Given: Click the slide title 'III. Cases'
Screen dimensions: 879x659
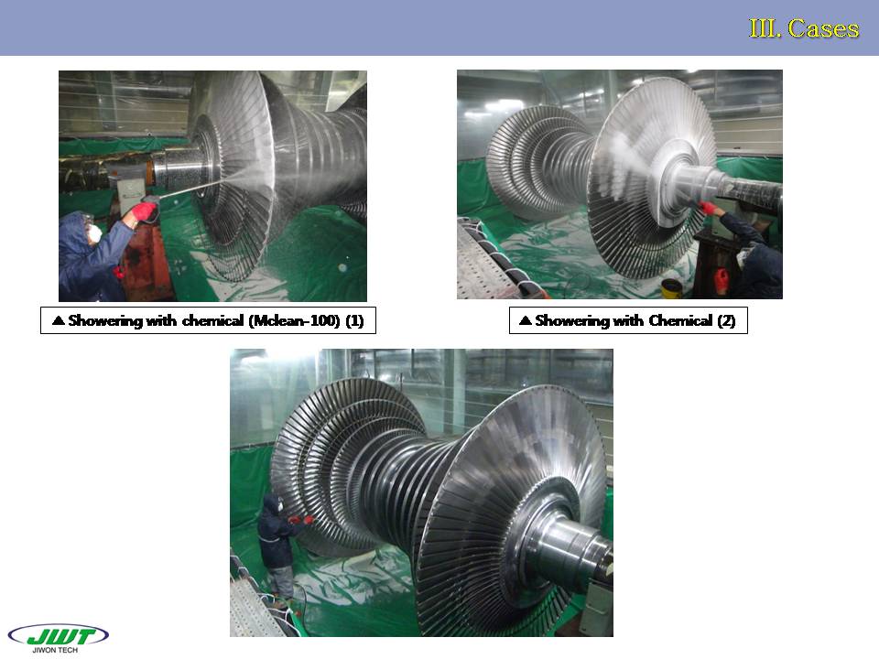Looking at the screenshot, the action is click(x=803, y=28).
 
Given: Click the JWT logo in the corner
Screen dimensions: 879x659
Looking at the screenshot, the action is click(x=59, y=635).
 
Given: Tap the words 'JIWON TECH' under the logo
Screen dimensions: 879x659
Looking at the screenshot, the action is click(x=55, y=650).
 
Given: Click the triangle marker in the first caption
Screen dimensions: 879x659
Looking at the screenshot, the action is click(x=58, y=320).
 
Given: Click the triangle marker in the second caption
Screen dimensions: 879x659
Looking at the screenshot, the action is click(x=526, y=320).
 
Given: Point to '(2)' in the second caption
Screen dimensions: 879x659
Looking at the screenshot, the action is click(x=726, y=320).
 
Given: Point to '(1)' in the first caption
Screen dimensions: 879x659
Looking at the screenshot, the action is click(x=355, y=320).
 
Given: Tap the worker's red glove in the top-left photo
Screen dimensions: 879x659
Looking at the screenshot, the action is click(x=144, y=211).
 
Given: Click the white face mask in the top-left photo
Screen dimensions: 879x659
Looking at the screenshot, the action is click(x=95, y=233).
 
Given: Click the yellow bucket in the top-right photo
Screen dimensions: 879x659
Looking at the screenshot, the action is click(x=672, y=288).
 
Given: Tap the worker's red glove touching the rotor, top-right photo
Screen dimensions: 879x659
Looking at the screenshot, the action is click(x=708, y=208).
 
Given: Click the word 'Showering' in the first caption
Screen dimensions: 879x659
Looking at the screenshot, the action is click(x=105, y=320).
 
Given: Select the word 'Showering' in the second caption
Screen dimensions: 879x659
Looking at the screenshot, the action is click(x=572, y=320).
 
